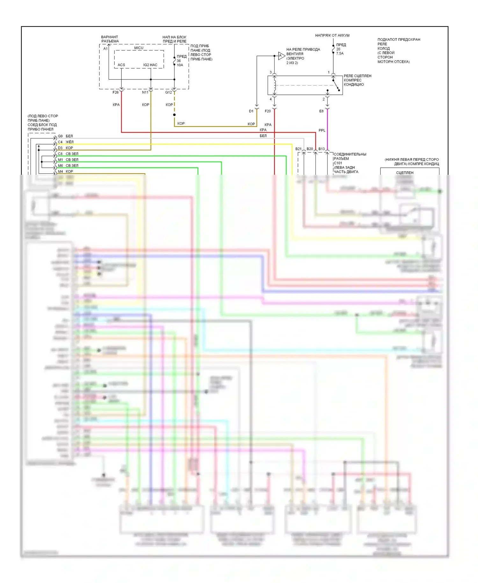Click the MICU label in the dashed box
(x=139, y=48)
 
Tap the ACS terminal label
(x=121, y=65)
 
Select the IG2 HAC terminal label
(x=150, y=65)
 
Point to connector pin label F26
(x=115, y=92)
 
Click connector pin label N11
(x=145, y=92)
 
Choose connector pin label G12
(x=168, y=92)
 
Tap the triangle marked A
(x=281, y=56)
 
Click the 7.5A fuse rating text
(x=340, y=54)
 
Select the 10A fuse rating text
(x=180, y=65)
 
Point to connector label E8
(x=321, y=111)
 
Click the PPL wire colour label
(x=322, y=130)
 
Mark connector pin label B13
(x=322, y=149)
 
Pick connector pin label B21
(x=298, y=149)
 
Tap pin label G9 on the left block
(x=60, y=136)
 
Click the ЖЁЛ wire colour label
(x=69, y=142)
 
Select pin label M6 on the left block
(x=60, y=166)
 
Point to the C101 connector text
(x=338, y=163)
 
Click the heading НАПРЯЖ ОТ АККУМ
(x=332, y=35)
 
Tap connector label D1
(x=251, y=111)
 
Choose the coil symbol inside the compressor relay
(x=275, y=85)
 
